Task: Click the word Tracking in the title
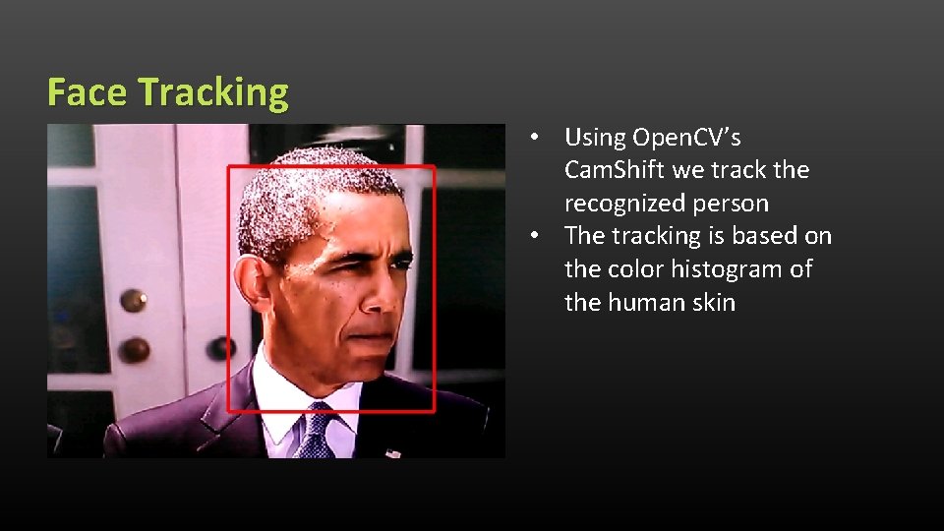click(x=213, y=92)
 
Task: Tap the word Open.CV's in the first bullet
click(x=687, y=138)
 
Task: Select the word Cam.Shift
click(x=615, y=170)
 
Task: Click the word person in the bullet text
click(x=732, y=204)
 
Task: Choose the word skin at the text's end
click(x=714, y=302)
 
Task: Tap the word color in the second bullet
click(x=635, y=269)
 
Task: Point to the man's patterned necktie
click(x=317, y=434)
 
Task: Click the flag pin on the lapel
click(x=394, y=453)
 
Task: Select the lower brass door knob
click(x=134, y=349)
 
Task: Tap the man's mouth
click(x=372, y=340)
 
